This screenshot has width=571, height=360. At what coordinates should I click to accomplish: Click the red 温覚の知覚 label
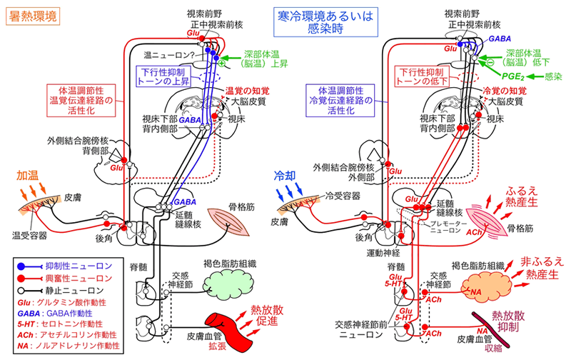click(244, 92)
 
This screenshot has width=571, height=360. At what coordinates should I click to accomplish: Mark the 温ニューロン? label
click(169, 54)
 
